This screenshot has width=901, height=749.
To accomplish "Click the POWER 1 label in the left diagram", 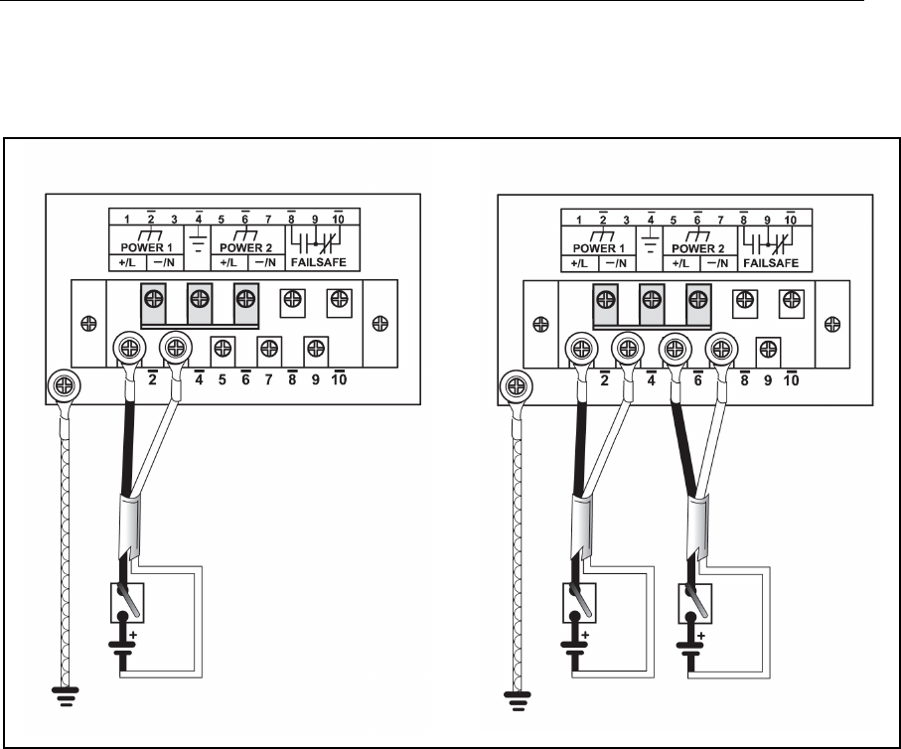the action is [x=146, y=247].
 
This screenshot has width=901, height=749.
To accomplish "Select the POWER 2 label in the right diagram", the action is [x=700, y=247].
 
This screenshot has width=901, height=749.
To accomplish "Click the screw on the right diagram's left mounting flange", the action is [x=542, y=324].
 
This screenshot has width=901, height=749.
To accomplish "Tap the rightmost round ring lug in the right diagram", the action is [x=721, y=350].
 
